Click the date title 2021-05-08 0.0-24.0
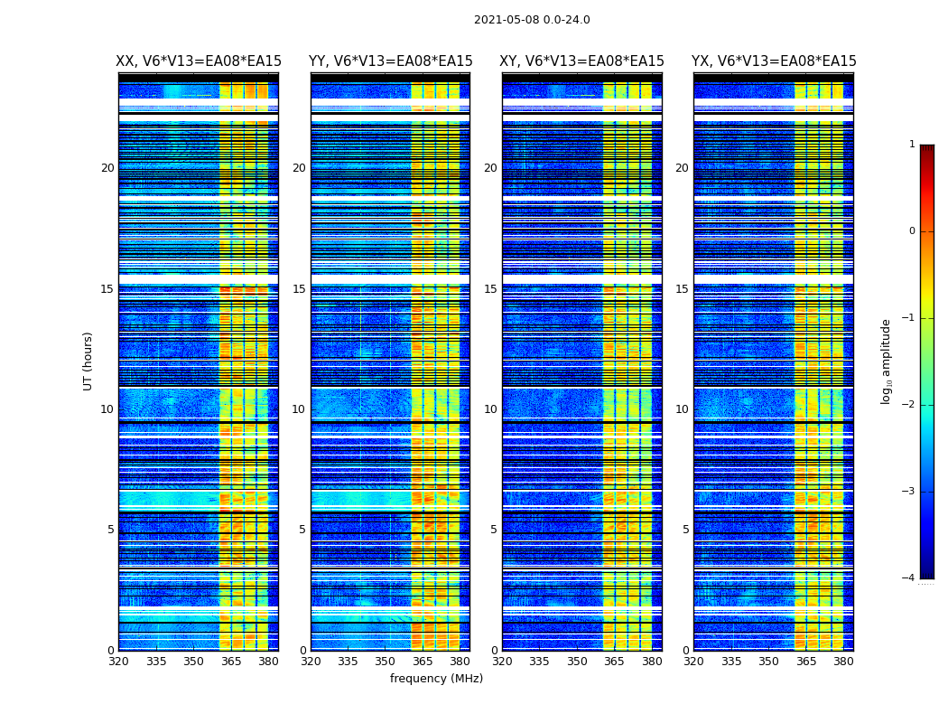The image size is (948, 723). tap(532, 20)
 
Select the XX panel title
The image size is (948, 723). tap(199, 61)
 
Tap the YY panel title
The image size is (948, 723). tap(390, 61)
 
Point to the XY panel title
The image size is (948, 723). tap(582, 61)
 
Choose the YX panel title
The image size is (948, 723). tap(774, 61)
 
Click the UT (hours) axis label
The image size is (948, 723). tap(88, 361)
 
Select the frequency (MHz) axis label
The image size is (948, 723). tap(436, 679)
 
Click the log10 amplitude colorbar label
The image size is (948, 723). tap(887, 361)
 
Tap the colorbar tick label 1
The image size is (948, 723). tap(912, 145)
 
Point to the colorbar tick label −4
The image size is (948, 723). tap(910, 578)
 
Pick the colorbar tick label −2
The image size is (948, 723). tap(910, 405)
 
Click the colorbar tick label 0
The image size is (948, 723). tap(912, 231)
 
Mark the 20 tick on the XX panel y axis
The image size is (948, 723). tap(107, 168)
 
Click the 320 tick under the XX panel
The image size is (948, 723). tap(118, 662)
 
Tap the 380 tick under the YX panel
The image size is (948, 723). tap(843, 662)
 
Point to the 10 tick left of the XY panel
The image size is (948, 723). tap(490, 409)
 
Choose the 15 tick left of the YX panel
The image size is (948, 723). tap(682, 289)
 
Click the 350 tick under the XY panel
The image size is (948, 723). tap(577, 662)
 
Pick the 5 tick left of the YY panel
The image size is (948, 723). tap(302, 530)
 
